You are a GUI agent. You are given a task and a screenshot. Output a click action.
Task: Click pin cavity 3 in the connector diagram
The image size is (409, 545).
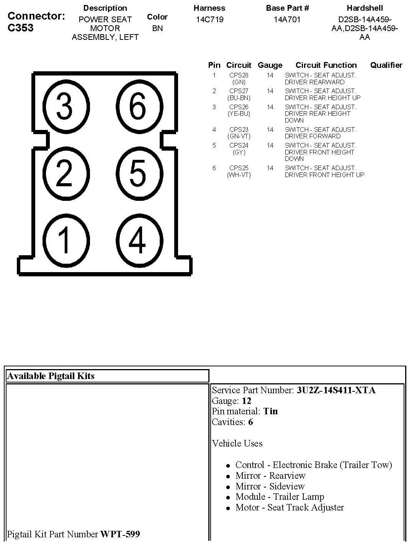(x=65, y=106)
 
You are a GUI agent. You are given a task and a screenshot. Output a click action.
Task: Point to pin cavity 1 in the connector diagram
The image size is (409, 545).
(x=65, y=240)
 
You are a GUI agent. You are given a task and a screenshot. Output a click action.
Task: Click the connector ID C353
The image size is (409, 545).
(x=20, y=28)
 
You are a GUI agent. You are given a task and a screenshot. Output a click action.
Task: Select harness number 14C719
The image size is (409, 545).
(x=209, y=20)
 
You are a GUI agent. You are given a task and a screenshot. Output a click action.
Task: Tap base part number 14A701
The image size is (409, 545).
(x=287, y=20)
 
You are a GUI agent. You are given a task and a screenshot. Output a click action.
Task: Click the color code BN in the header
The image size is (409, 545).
(x=157, y=28)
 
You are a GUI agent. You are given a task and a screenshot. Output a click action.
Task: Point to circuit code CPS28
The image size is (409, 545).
(x=239, y=76)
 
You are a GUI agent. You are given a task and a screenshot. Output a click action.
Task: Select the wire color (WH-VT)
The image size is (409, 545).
(x=239, y=175)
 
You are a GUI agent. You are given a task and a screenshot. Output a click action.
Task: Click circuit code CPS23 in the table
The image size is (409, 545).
(x=239, y=130)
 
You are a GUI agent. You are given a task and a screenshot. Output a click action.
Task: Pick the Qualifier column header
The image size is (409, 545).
(x=386, y=65)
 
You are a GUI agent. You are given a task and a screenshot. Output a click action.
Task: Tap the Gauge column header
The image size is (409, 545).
(x=270, y=65)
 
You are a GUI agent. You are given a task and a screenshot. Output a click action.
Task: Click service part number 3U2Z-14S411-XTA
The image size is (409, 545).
(x=336, y=390)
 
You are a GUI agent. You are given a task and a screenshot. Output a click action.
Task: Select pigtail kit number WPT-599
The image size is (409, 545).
(x=120, y=534)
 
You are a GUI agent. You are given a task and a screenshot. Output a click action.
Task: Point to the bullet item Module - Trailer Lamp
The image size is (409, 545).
(x=280, y=497)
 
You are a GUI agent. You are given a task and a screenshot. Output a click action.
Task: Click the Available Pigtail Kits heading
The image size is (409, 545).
(x=51, y=376)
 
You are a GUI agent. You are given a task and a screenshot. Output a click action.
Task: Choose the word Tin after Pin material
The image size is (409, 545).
(x=270, y=411)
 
